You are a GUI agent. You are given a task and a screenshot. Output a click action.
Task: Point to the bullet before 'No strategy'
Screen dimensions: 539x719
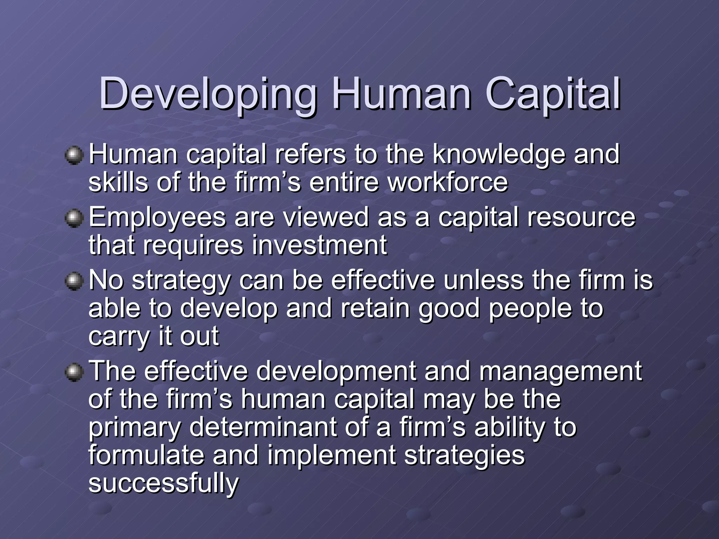click(x=74, y=281)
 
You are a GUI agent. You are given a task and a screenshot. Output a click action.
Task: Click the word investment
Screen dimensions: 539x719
click(x=319, y=245)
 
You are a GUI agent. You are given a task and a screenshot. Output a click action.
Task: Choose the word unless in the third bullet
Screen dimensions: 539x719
click(x=483, y=280)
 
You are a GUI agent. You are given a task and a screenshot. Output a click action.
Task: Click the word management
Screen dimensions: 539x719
click(x=561, y=371)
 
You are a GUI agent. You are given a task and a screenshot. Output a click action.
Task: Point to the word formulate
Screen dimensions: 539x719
click(x=146, y=455)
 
